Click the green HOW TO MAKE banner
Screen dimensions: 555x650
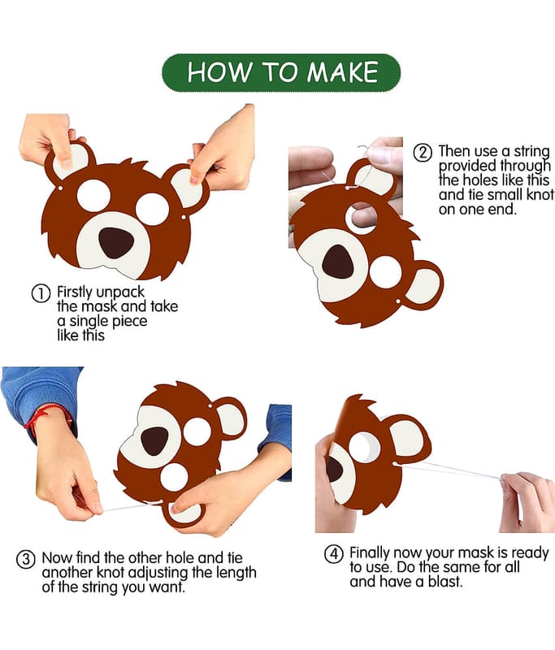(x=281, y=72)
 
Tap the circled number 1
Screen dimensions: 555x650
(x=41, y=293)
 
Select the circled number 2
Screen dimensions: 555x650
(x=423, y=153)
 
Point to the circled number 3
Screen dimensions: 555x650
(x=25, y=560)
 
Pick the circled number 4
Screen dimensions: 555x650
(x=333, y=554)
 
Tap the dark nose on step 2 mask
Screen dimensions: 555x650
(x=338, y=262)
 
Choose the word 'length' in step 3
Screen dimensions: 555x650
(x=233, y=574)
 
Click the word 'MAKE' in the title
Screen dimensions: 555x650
(x=342, y=72)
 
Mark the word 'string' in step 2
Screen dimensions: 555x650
(x=531, y=152)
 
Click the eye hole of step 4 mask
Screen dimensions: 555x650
(x=362, y=448)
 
